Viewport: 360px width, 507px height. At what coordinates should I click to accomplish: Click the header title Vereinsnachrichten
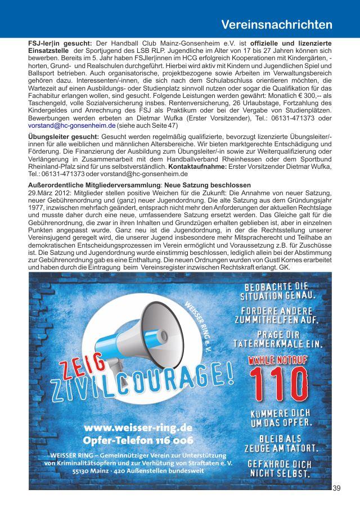pyautogui.click(x=276, y=25)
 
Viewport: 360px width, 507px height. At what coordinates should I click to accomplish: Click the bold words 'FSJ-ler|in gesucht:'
pyautogui.click(x=60, y=43)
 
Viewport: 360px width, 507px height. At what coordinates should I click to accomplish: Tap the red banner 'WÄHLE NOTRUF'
pyautogui.click(x=278, y=358)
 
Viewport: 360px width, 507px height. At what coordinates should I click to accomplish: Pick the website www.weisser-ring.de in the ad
pyautogui.click(x=138, y=427)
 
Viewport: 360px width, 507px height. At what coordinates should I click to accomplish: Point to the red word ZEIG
pyautogui.click(x=82, y=369)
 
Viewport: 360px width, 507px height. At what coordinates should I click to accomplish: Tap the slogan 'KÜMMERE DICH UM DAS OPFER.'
pyautogui.click(x=281, y=417)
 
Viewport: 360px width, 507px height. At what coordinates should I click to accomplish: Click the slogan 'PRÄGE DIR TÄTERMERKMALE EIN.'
pyautogui.click(x=281, y=338)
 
